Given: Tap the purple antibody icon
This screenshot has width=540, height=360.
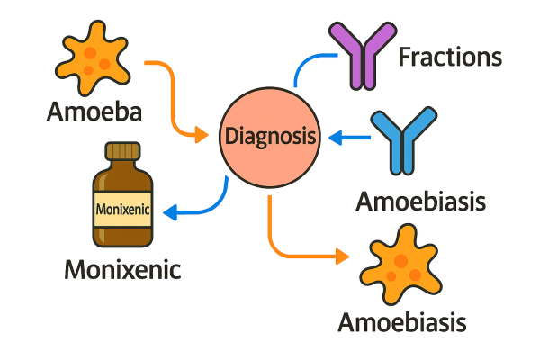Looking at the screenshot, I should coord(362,55).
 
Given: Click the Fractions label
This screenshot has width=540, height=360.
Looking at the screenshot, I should coord(450,58).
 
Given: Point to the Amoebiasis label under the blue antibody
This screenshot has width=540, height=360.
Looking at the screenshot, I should coord(421,200).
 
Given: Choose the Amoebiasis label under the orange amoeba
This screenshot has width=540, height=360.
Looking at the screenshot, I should coord(403,320).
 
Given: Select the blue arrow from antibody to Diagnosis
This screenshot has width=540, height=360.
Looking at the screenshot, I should coord(351,138).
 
